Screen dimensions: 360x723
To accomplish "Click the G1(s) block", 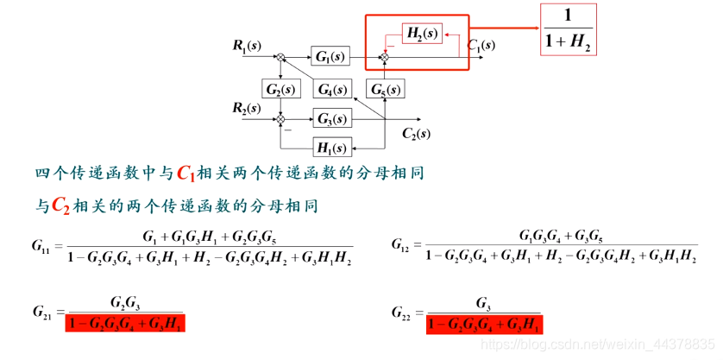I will [x=330, y=57].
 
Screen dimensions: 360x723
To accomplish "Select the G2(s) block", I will [x=280, y=89].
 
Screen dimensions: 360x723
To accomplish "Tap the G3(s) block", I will [x=330, y=118].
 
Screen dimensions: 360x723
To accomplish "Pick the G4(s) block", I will [x=331, y=90].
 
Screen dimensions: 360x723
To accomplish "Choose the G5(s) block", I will [x=386, y=89].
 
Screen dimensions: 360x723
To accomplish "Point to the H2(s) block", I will [x=423, y=34].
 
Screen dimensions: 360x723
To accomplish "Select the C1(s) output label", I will [x=481, y=45].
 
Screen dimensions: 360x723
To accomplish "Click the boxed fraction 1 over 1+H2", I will [x=569, y=30].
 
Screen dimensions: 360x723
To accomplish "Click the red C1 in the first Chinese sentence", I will [x=186, y=174].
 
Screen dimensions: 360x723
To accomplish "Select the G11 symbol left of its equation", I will [x=41, y=247].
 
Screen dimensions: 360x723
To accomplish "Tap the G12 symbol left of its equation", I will [x=400, y=247].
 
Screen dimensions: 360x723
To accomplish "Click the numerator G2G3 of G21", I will [x=125, y=302].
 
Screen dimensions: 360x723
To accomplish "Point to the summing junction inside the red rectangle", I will [x=385, y=57].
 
